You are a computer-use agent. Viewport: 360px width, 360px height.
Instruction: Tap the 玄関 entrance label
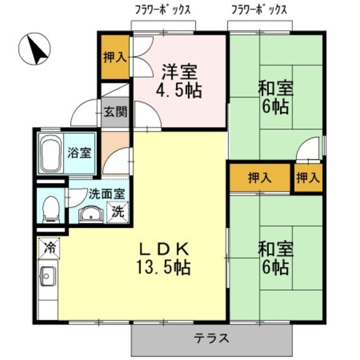115,110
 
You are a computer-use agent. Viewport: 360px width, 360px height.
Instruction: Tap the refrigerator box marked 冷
48,247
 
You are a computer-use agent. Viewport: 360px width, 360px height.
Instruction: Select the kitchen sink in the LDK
47,277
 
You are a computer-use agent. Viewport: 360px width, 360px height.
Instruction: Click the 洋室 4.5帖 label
179,81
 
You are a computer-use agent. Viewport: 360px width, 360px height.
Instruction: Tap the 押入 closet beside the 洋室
115,57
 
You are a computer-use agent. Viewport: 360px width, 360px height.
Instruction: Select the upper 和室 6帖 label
276,97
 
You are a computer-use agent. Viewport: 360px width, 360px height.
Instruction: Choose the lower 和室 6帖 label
274,256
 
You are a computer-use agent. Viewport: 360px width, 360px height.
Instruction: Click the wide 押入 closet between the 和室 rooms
259,178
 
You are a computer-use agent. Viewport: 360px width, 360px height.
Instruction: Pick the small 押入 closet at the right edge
308,178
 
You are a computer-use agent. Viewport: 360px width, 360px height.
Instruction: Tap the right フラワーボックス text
259,10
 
